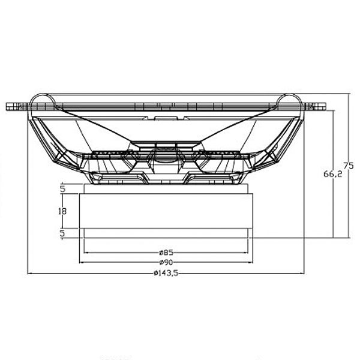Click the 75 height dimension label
pos(349,166)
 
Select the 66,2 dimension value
pos(332,174)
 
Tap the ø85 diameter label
pos(166,253)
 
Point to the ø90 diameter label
pos(166,262)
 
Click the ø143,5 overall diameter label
pos(166,273)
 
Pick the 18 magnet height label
pos(62,211)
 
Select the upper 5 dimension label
pos(62,189)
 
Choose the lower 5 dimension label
pos(62,233)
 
